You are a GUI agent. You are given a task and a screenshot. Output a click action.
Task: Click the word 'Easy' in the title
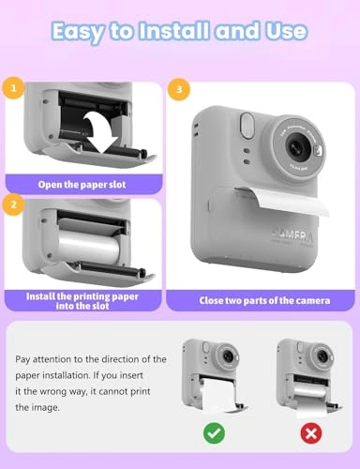click(x=80, y=32)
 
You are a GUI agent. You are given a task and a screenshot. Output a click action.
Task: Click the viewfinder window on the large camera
click(x=247, y=123)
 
